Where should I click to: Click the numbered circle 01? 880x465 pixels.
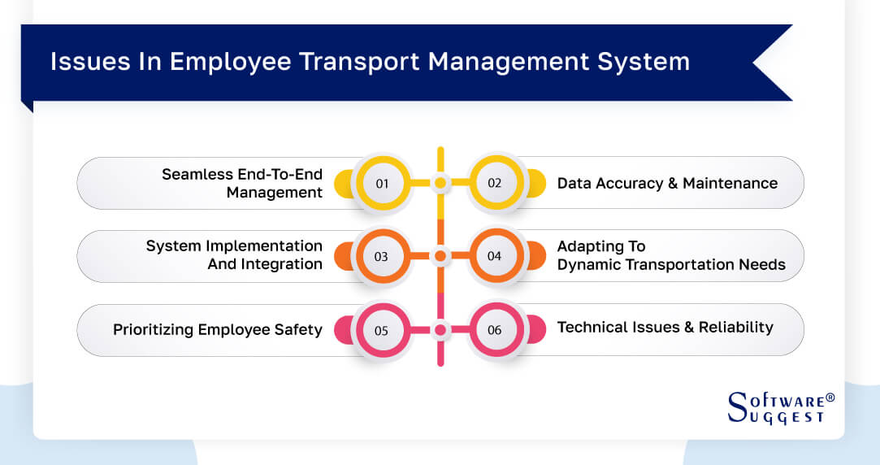(382, 183)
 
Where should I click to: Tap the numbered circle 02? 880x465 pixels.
(495, 183)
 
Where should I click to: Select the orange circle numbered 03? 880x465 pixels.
(381, 256)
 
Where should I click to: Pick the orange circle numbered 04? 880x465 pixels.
(495, 256)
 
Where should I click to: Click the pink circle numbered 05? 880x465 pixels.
(381, 330)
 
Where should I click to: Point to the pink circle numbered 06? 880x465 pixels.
(495, 330)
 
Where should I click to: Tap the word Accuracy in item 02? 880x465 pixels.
(631, 183)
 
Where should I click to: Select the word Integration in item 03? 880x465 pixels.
(280, 264)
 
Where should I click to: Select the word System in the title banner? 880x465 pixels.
(648, 62)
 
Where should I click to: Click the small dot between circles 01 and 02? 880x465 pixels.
(440, 183)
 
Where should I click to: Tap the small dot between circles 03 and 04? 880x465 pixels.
(440, 256)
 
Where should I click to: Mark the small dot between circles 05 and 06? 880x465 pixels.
(440, 330)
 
